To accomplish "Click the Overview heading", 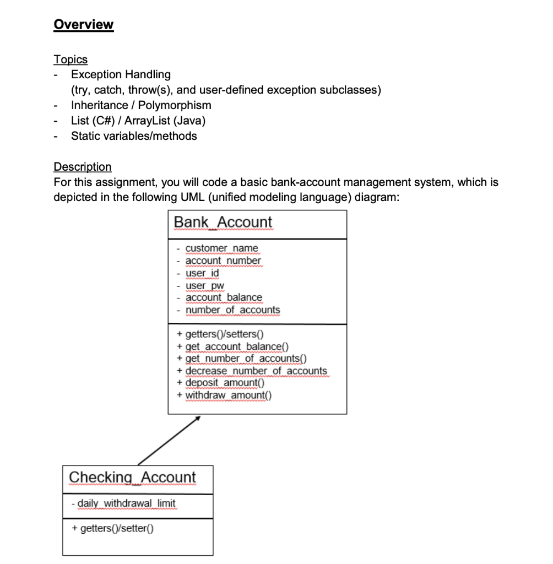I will coord(83,25).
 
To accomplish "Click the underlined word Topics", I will coord(70,59).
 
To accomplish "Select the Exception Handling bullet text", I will coord(121,74).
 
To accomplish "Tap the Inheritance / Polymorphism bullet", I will coord(141,105).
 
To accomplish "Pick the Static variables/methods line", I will coord(134,135).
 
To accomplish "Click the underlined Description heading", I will coord(82,166).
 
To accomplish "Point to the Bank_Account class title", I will coord(223,222).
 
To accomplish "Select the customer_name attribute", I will coord(221,248).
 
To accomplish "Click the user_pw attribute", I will coord(204,285).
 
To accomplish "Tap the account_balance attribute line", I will coord(224,297).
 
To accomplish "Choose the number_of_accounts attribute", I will coord(232,310).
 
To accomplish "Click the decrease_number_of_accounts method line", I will coord(256,371).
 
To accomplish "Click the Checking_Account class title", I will coord(132,477).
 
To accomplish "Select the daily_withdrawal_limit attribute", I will coord(126,503).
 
